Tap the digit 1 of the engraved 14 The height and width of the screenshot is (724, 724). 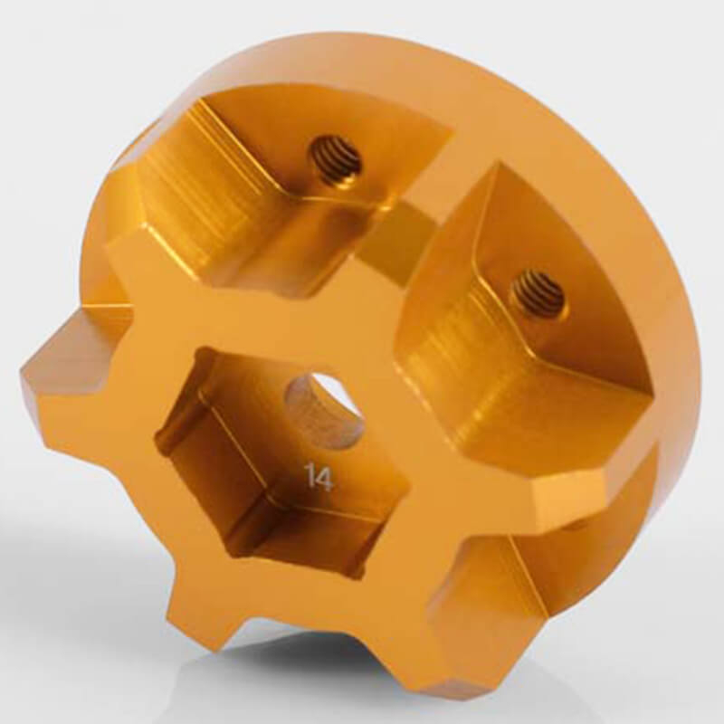311,477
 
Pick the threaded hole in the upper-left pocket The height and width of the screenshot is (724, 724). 336,161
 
